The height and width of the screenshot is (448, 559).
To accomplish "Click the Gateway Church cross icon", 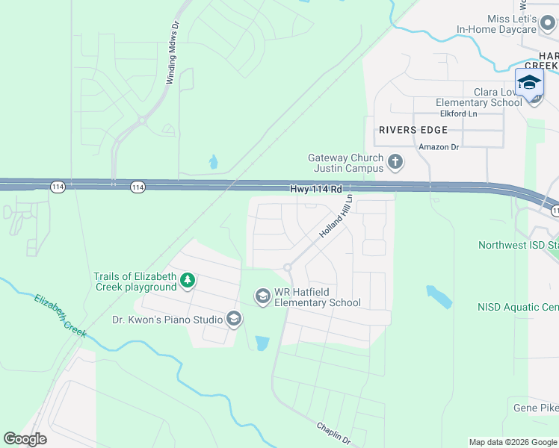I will coord(395,161).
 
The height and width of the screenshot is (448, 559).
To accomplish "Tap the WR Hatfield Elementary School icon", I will coord(262,297).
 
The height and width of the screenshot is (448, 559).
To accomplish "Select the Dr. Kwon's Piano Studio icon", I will coord(234,320).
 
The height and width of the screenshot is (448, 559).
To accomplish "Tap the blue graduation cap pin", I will coord(529,83).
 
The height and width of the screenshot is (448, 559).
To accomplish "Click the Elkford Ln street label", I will coord(458,114).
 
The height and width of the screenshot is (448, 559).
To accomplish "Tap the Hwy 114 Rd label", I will coord(316,190).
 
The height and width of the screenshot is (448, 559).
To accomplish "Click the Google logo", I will coord(25,439).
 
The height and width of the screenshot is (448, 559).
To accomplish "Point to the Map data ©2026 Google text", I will coord(512,442).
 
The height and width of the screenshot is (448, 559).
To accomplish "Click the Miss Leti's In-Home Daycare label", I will coord(497,24).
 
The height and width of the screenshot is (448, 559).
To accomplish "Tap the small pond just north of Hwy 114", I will coord(214,162).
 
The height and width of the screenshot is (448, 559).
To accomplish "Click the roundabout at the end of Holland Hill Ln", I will coord(287,267).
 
